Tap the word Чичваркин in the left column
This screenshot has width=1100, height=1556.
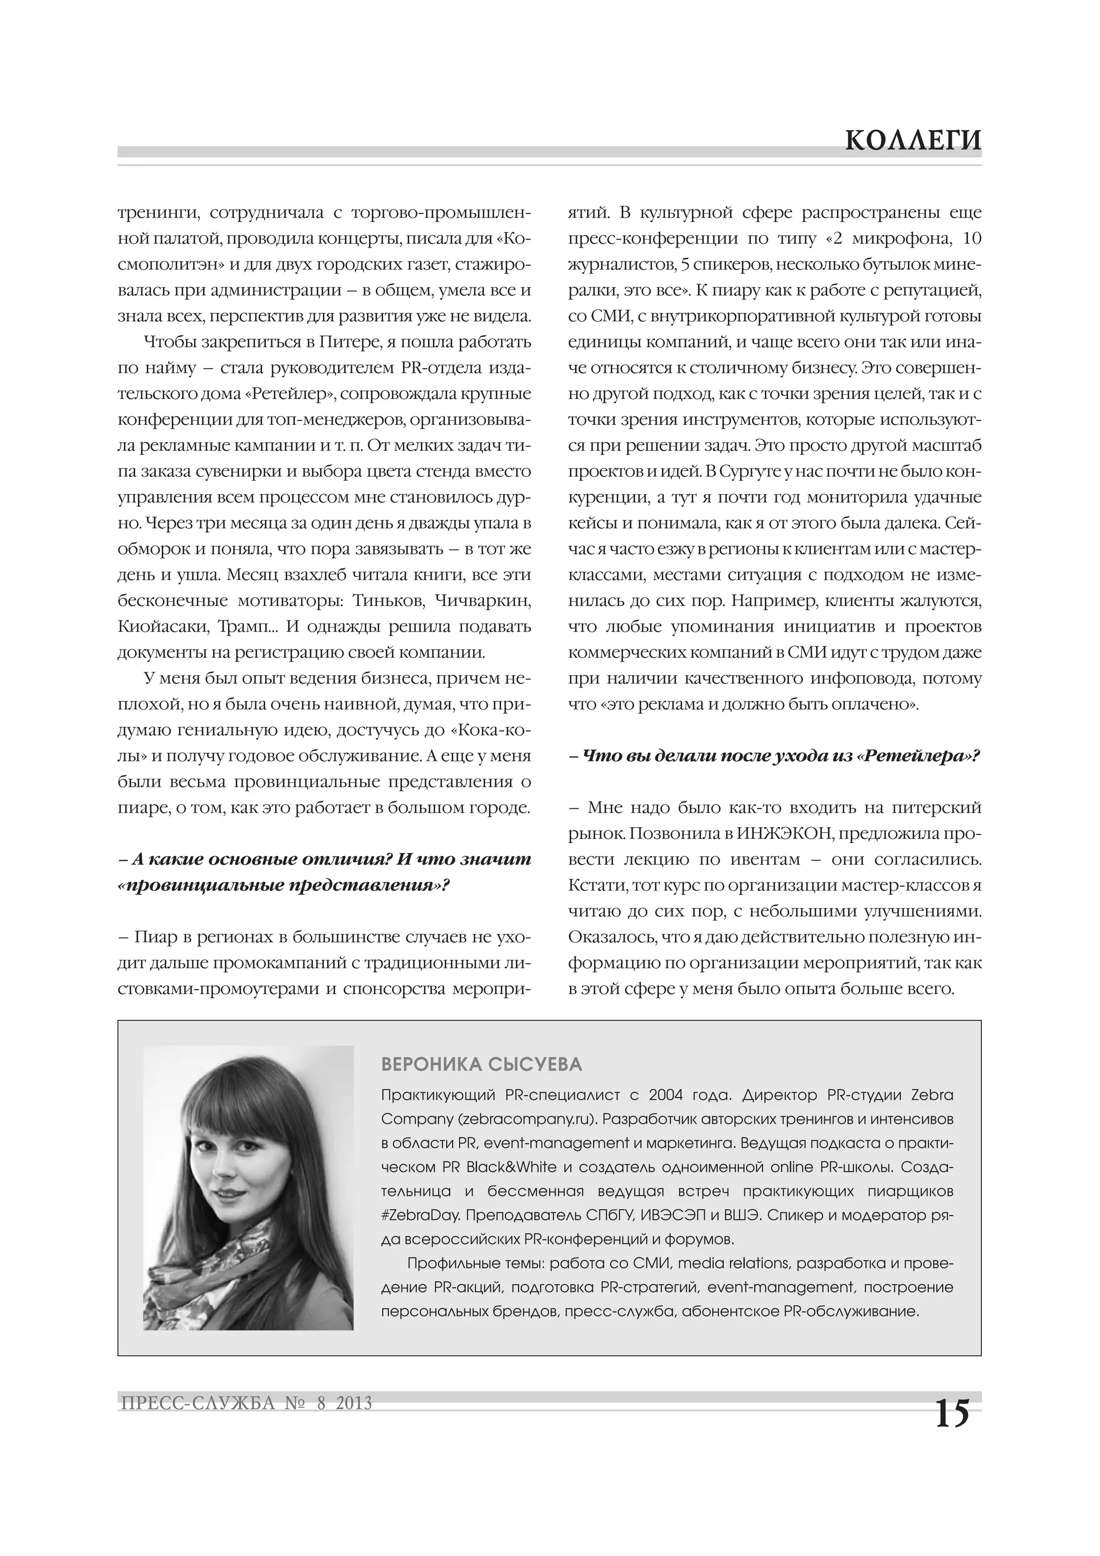click(482, 601)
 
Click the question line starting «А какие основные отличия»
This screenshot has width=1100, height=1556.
click(324, 860)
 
